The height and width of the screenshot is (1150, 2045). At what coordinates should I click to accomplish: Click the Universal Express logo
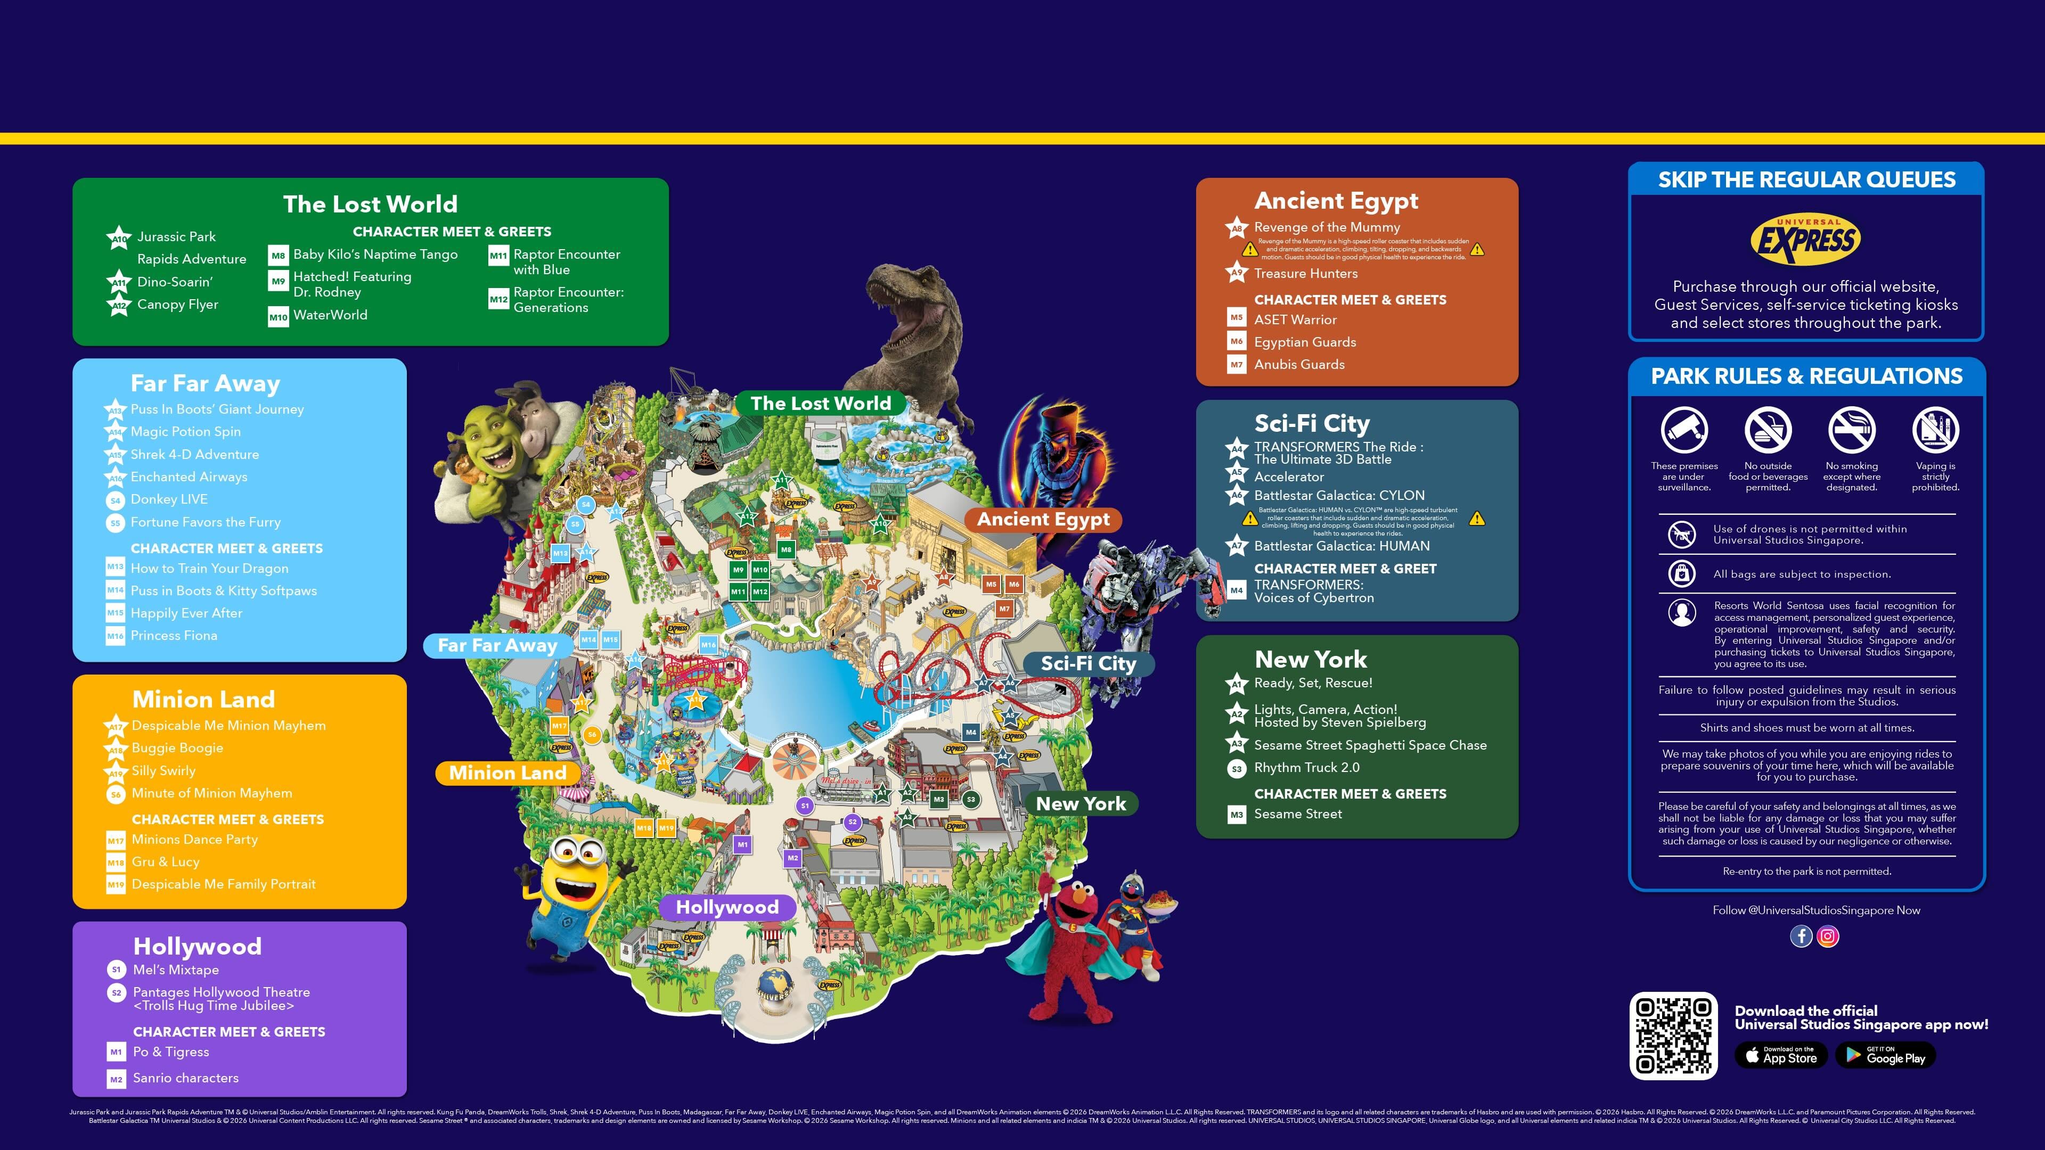(x=1805, y=239)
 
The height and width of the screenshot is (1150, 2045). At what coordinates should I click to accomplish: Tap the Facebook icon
(x=1801, y=937)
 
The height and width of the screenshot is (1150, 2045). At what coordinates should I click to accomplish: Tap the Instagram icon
(x=1828, y=937)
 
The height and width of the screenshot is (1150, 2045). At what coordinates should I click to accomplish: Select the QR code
(x=1673, y=1035)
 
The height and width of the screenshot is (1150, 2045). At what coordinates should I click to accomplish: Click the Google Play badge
(x=1885, y=1056)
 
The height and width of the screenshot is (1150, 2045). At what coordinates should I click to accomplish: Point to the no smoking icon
(x=1851, y=430)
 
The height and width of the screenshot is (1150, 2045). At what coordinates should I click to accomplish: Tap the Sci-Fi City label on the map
(x=1087, y=663)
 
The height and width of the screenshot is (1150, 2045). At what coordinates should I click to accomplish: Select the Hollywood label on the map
(x=726, y=907)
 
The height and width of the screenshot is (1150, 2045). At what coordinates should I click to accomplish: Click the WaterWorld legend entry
(x=330, y=315)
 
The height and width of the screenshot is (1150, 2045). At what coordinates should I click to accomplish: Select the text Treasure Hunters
(x=1305, y=274)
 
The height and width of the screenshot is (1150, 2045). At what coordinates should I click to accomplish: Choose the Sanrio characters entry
(x=185, y=1078)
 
